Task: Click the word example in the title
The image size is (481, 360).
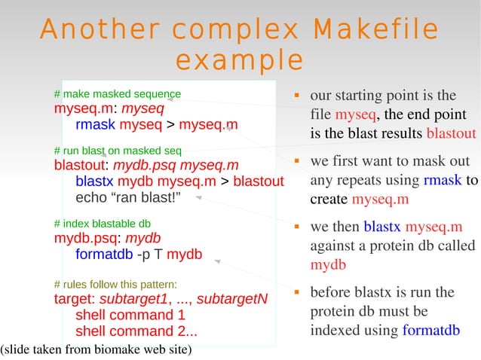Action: point(239,59)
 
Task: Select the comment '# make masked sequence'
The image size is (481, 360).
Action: point(117,94)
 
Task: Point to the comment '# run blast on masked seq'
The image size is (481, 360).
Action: point(117,149)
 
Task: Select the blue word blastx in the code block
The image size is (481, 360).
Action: point(94,182)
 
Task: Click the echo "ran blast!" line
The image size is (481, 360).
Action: point(128,198)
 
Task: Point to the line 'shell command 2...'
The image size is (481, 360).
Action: point(136,331)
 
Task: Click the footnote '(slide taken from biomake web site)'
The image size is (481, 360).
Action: point(96,349)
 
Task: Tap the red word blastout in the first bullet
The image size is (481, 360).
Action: point(451,134)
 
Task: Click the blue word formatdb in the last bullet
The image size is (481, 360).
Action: point(431,330)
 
